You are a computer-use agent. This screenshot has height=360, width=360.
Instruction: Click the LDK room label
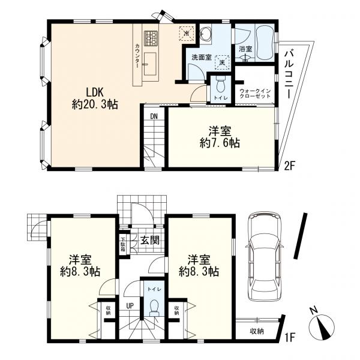click(95, 92)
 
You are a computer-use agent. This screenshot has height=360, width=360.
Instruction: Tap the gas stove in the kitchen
click(151, 38)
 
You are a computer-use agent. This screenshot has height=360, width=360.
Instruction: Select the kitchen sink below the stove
click(151, 64)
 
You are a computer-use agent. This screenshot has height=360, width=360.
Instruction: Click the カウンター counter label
click(137, 56)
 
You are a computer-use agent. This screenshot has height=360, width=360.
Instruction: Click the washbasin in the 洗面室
click(205, 34)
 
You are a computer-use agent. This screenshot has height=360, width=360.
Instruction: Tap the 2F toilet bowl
click(221, 84)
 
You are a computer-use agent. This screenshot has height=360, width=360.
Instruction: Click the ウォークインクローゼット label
click(255, 94)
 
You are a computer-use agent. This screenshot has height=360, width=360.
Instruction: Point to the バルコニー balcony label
click(289, 74)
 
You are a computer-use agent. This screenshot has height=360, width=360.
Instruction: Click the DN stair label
click(154, 116)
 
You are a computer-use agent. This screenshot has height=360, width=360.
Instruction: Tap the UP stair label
click(130, 305)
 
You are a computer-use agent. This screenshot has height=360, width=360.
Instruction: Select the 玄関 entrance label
click(149, 241)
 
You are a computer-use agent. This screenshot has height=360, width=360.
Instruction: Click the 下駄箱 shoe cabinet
click(123, 244)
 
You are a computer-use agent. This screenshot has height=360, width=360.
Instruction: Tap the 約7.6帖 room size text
click(220, 143)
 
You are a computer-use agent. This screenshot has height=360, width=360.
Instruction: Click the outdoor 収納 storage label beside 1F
click(257, 331)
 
